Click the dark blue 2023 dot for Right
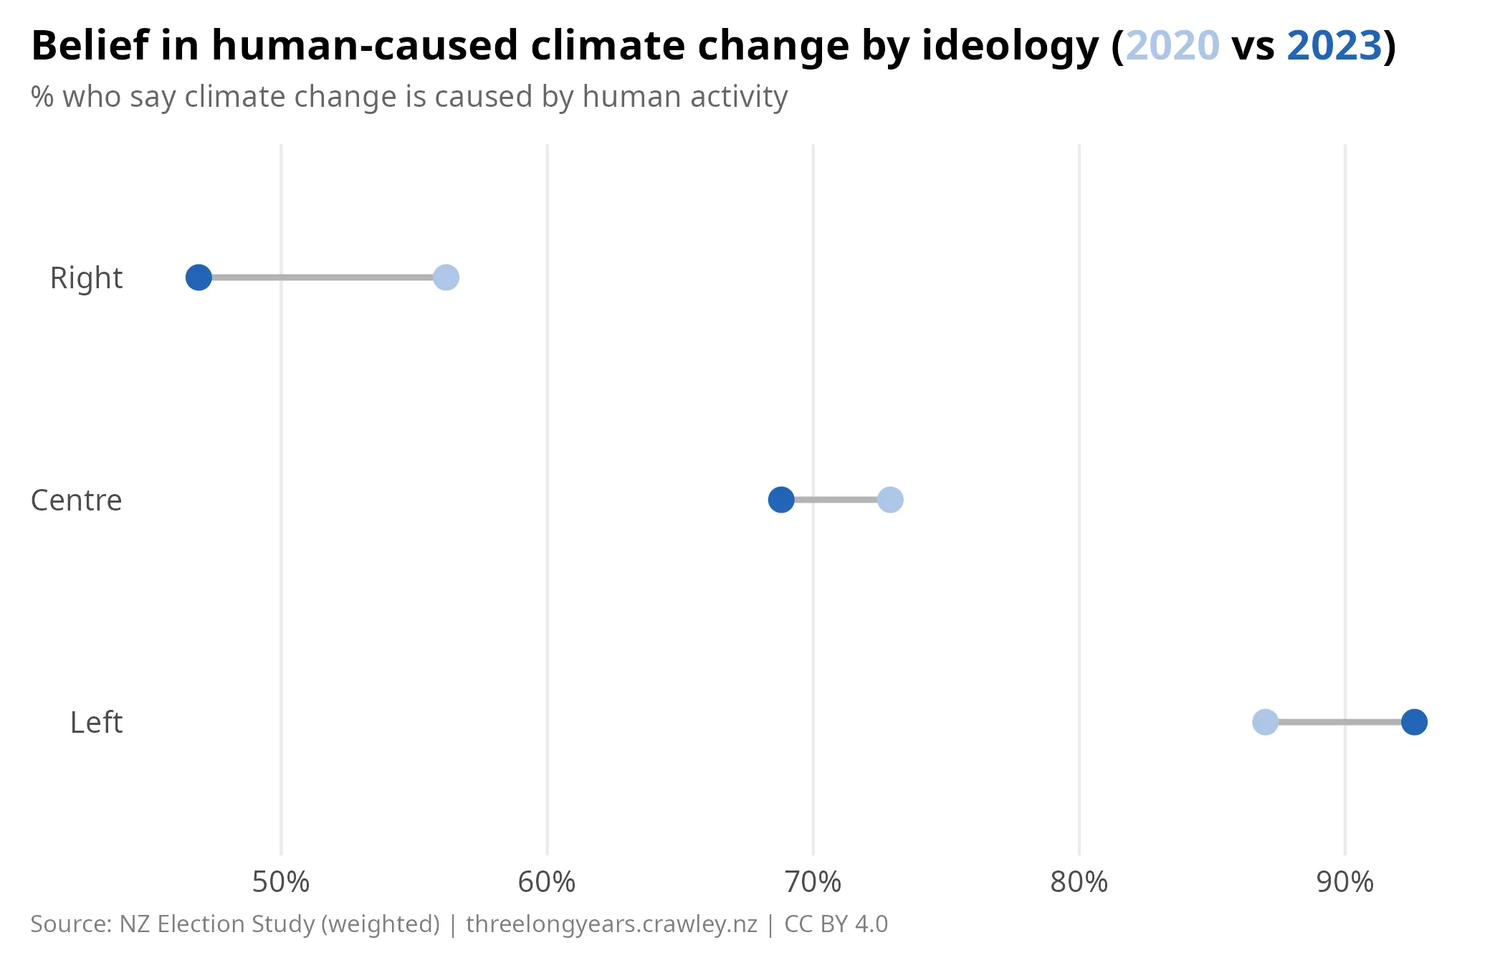point(199,277)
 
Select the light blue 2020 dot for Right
point(446,277)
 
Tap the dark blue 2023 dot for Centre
point(780,499)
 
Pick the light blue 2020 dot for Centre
point(890,499)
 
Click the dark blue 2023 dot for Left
point(1414,721)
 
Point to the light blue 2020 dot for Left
point(1265,721)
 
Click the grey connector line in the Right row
point(322,277)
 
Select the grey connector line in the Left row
point(1339,721)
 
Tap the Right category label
point(86,278)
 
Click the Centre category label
point(76,500)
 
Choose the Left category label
point(96,723)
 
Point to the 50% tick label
point(281,882)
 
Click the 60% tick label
point(547,882)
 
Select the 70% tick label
point(813,882)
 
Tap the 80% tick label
point(1079,882)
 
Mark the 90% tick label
point(1344,882)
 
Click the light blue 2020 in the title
point(1172,46)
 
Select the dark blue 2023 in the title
point(1334,46)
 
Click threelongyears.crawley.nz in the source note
point(611,924)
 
